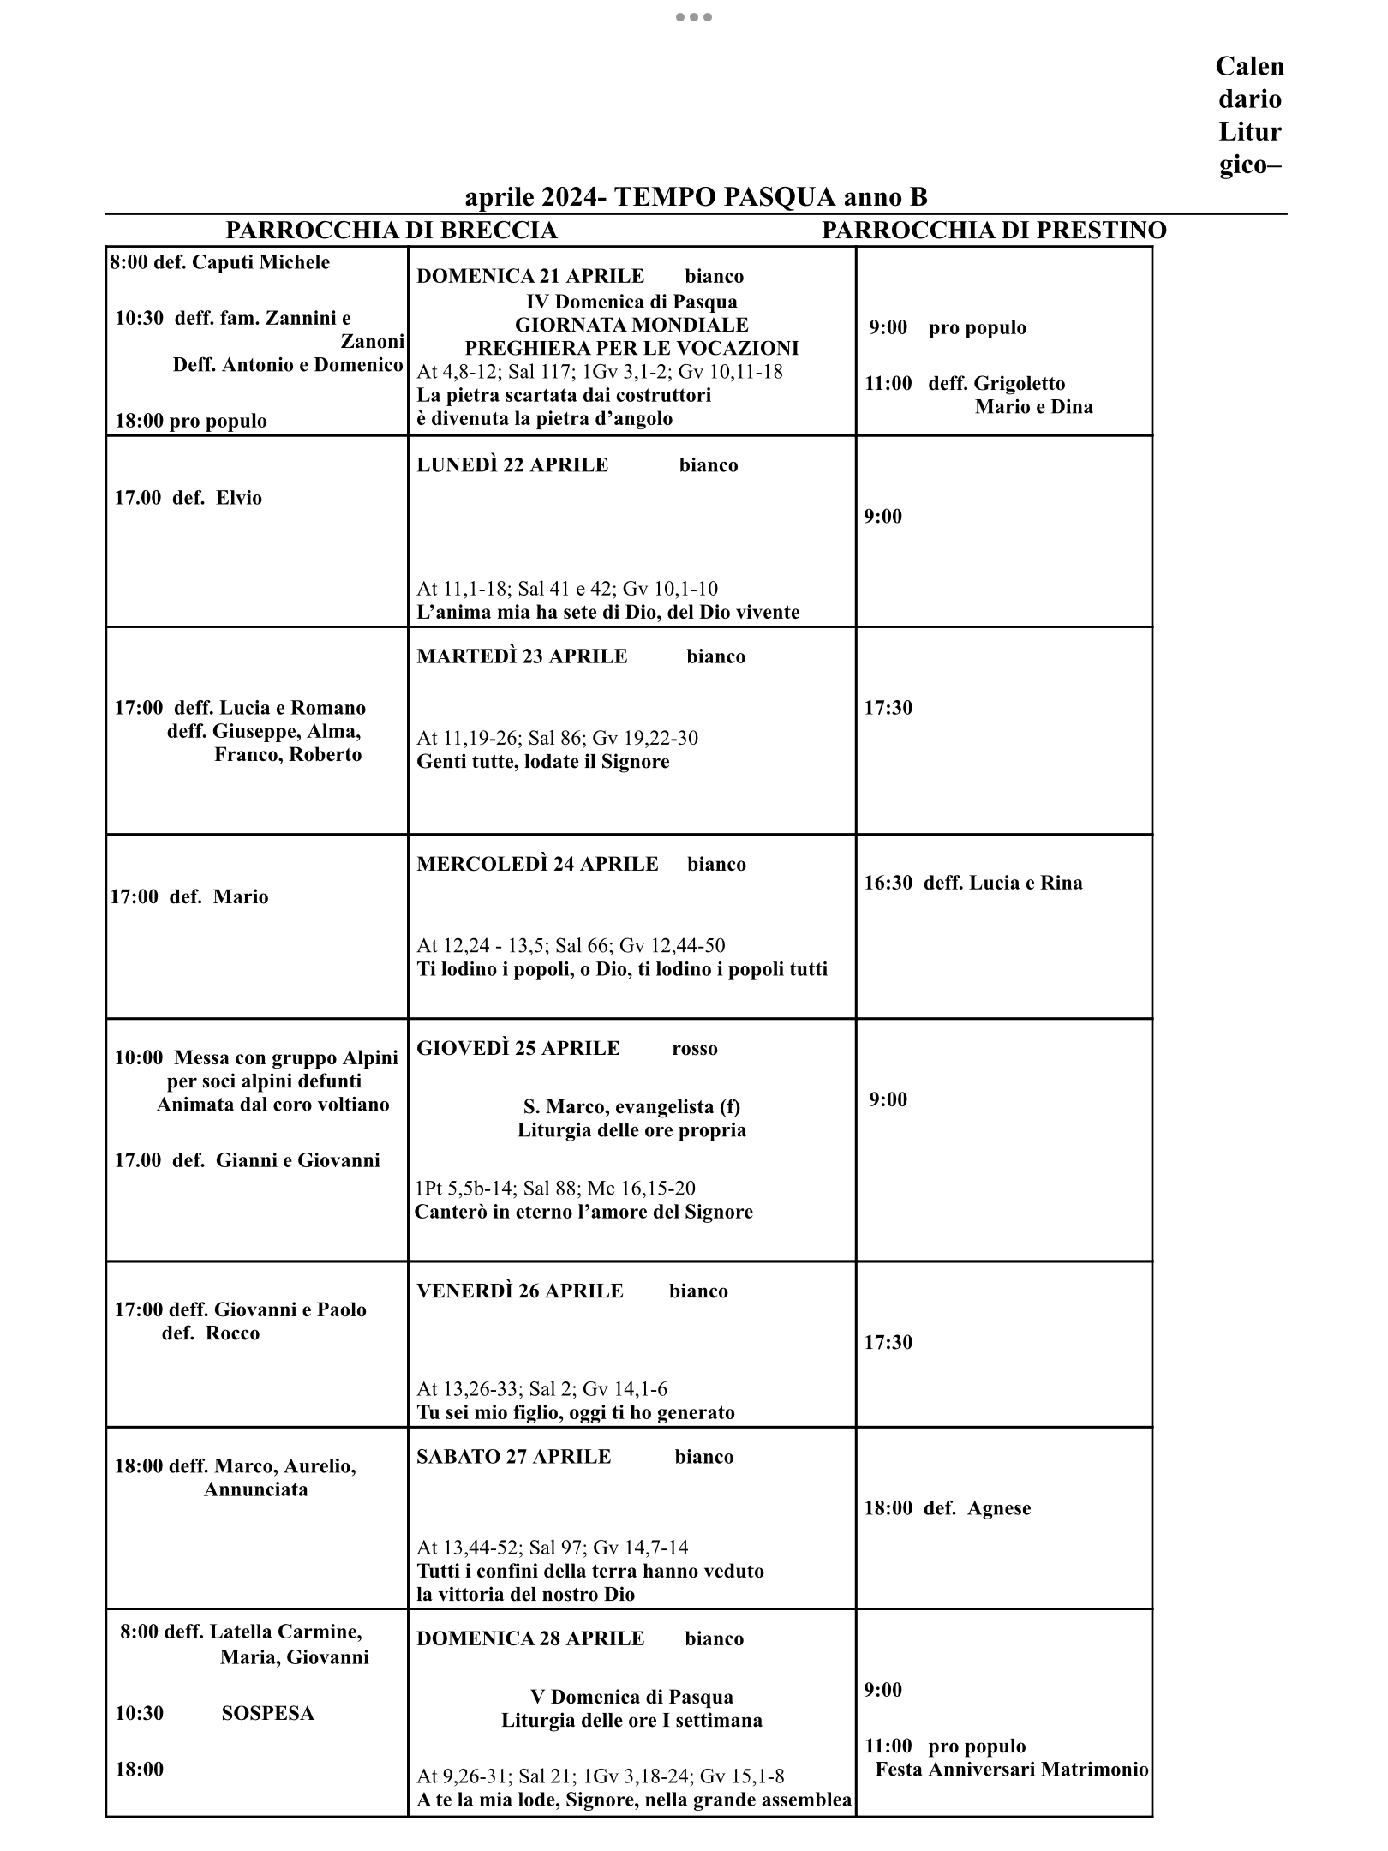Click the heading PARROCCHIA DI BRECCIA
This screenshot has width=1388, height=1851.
pos(391,231)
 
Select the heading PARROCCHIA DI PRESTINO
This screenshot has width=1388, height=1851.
pos(994,231)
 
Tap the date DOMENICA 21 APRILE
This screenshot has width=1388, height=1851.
pos(530,276)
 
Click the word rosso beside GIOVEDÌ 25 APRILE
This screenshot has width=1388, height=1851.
pos(695,1049)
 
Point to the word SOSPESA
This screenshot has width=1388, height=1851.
pos(267,1713)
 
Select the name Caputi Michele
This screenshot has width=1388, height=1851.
pos(260,262)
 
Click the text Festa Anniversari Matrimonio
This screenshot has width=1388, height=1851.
pos(1011,1770)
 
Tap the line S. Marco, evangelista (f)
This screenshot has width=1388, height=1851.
pos(631,1106)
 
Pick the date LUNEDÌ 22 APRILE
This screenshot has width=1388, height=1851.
pos(512,465)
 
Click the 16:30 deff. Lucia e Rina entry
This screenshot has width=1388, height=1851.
pos(972,883)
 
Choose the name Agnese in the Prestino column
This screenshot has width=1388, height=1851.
pos(999,1508)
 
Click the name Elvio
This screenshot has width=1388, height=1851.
pos(239,498)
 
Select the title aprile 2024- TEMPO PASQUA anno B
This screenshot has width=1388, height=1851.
pos(696,197)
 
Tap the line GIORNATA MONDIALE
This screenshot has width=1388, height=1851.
pos(631,325)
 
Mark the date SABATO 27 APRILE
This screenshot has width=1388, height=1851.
pos(514,1457)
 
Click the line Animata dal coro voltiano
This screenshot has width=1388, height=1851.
pos(272,1105)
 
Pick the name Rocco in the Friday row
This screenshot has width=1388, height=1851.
pos(234,1333)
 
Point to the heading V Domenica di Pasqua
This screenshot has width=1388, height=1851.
pos(631,1698)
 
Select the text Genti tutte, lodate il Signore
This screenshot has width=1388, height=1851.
pos(542,762)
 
